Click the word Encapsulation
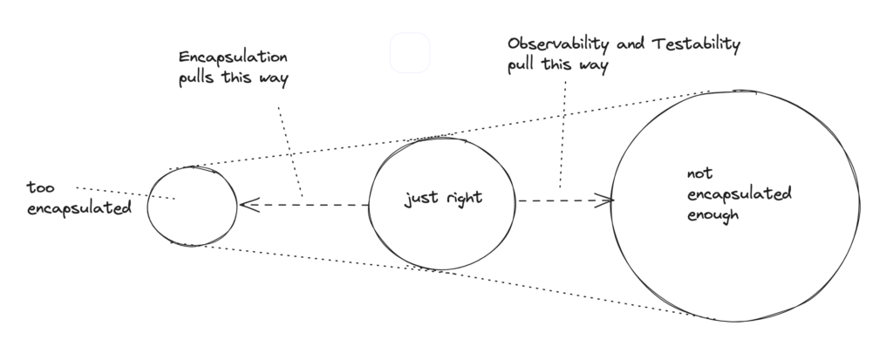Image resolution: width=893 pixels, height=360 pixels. click(233, 58)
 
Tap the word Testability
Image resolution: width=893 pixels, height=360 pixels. click(702, 44)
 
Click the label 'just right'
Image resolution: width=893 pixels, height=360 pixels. click(443, 199)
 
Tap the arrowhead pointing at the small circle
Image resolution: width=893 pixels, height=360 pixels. click(248, 205)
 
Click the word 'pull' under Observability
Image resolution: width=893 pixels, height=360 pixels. click(525, 66)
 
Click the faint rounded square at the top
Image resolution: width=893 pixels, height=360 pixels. click(410, 52)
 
